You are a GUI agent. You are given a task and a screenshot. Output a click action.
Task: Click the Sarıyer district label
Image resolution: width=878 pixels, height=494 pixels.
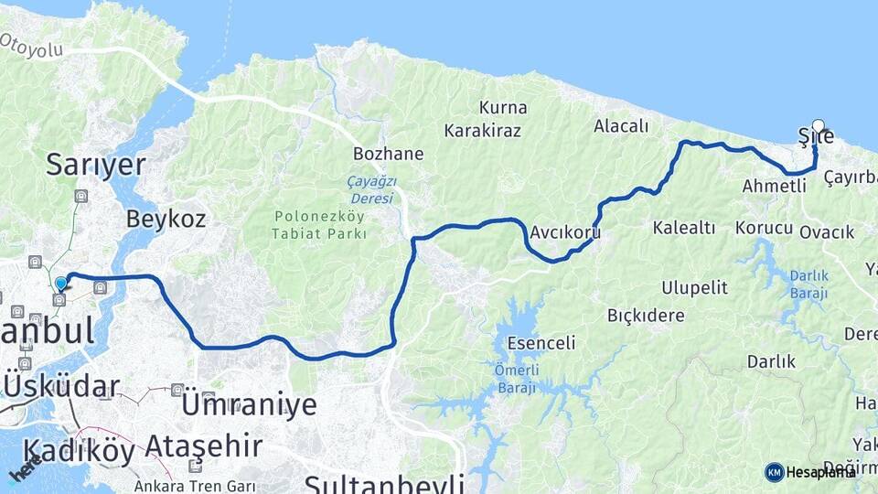pyautogui.click(x=96, y=165)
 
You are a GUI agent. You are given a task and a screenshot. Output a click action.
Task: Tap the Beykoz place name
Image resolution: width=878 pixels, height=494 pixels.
pyautogui.click(x=166, y=219)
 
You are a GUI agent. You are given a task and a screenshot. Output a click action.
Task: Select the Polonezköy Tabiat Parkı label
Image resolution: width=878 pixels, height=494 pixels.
pyautogui.click(x=319, y=225)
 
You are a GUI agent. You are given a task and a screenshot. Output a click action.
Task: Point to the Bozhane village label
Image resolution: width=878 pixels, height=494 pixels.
pyautogui.click(x=389, y=154)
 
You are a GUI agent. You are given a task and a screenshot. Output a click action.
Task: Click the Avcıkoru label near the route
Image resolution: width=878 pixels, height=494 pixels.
pyautogui.click(x=564, y=232)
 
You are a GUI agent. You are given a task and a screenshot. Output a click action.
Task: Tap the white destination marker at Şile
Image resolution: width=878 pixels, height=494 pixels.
pyautogui.click(x=818, y=127)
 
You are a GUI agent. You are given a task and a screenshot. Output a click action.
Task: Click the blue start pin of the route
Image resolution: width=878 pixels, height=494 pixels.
pyautogui.click(x=60, y=284)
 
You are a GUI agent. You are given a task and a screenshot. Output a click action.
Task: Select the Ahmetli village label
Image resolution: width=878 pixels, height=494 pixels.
pyautogui.click(x=774, y=186)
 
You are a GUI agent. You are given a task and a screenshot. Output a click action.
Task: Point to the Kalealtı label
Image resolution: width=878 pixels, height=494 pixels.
pyautogui.click(x=684, y=228)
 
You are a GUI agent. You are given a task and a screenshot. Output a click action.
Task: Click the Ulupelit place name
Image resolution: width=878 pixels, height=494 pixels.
pyautogui.click(x=694, y=288)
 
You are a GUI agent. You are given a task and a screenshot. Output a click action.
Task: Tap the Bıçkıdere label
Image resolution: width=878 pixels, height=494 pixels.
pyautogui.click(x=646, y=316)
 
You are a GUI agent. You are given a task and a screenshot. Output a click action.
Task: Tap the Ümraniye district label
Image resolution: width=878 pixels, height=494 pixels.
pyautogui.click(x=250, y=404)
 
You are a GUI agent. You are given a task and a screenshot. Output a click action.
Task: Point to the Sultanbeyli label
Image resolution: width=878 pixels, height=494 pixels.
pyautogui.click(x=384, y=482)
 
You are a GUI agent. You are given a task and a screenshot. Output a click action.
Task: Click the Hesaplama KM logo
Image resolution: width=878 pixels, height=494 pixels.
pyautogui.click(x=810, y=472)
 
